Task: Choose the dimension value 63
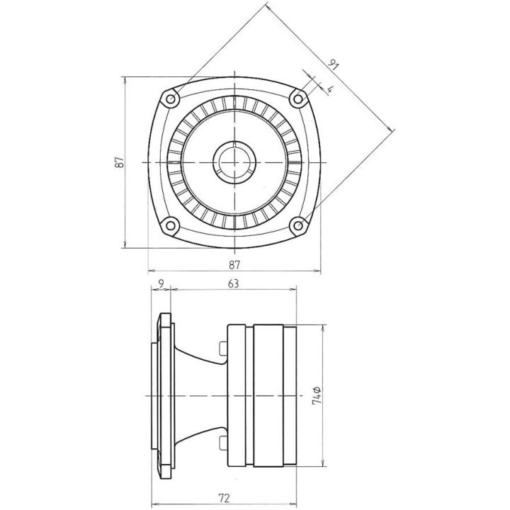[234, 283]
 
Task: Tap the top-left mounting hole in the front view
[170, 98]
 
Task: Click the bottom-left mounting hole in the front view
[170, 226]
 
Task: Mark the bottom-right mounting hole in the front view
[298, 226]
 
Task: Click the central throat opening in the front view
[234, 162]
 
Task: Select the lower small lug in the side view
[222, 443]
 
